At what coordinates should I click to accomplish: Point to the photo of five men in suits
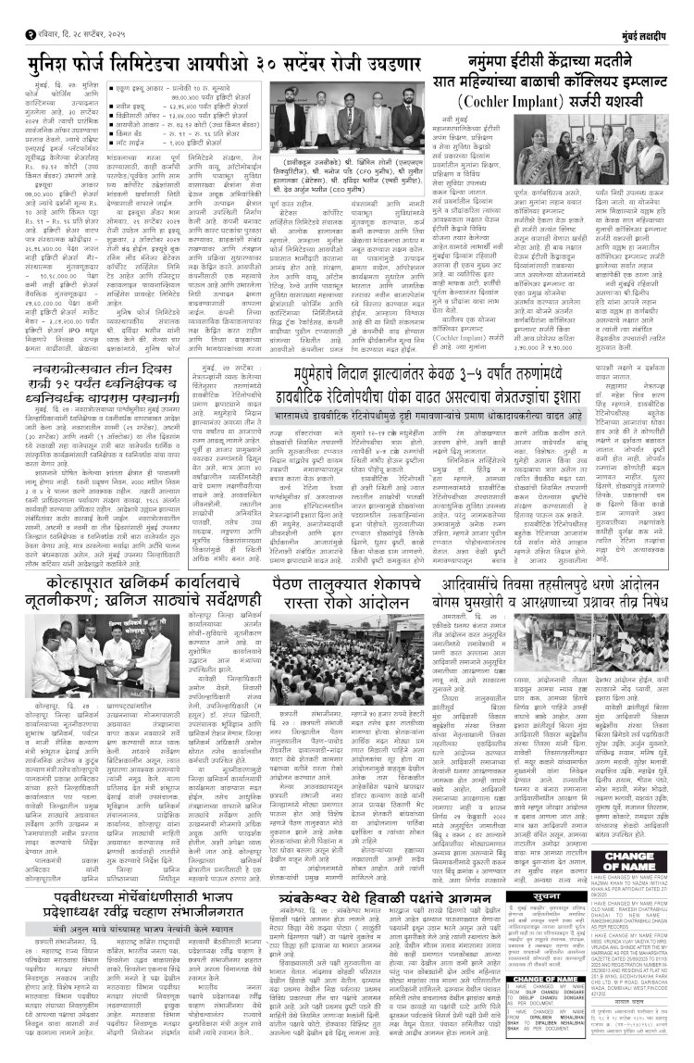(350, 126)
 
